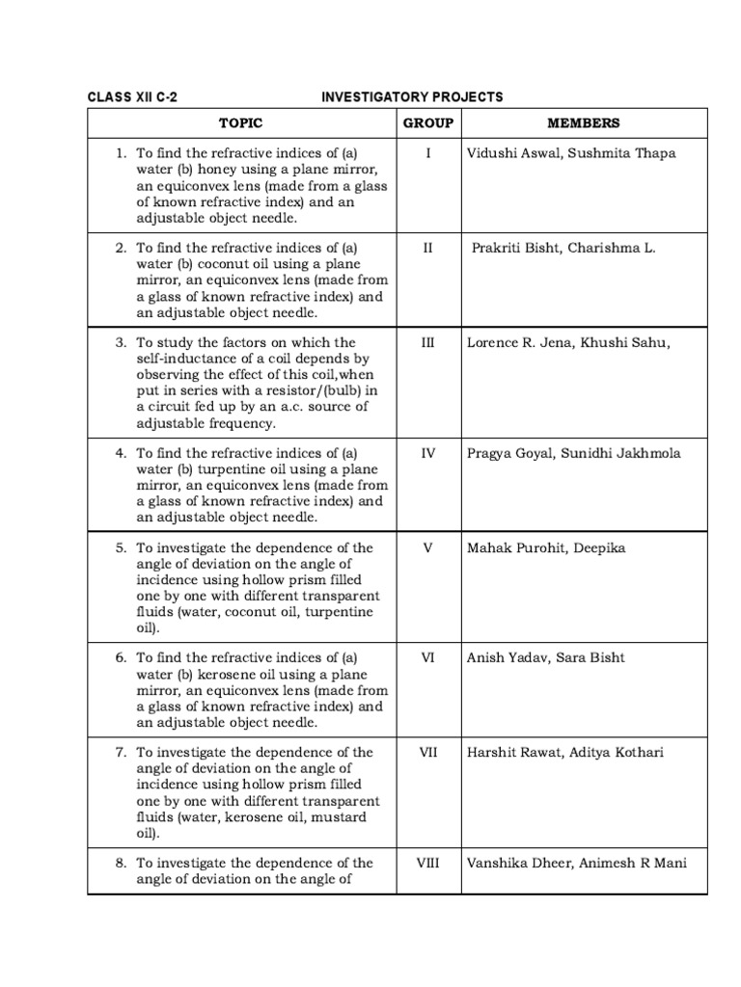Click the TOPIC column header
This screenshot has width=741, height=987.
point(240,123)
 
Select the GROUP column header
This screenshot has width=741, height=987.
point(427,123)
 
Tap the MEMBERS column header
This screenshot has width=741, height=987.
point(584,123)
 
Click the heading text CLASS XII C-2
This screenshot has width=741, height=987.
point(133,97)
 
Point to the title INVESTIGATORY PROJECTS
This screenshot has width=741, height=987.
point(412,97)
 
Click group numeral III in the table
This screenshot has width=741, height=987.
point(427,342)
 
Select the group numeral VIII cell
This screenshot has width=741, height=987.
point(427,863)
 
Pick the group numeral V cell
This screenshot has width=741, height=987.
point(427,547)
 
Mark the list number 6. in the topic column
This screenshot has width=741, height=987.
point(122,657)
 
